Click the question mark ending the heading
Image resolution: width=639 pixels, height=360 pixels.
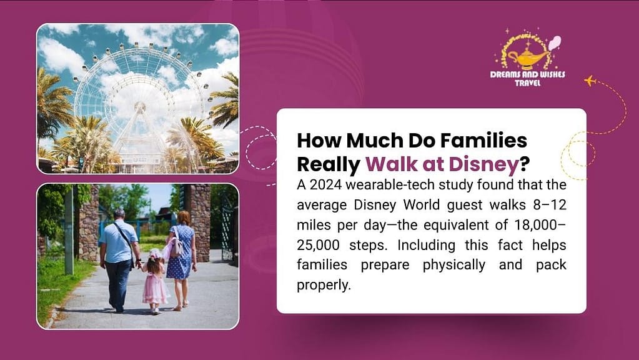coord(524,164)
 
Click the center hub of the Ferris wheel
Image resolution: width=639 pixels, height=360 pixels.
coord(140,107)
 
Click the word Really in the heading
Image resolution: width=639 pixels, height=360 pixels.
coord(329,164)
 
